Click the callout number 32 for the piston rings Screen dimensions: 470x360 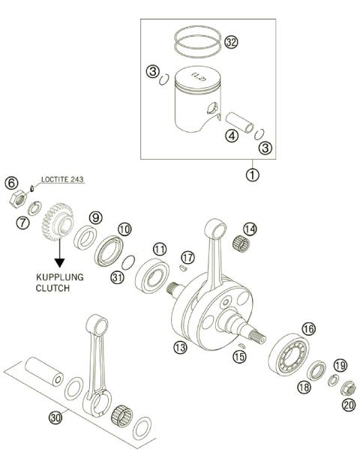231,43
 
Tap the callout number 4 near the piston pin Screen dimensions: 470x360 232,136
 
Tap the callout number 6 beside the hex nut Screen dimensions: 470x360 11,183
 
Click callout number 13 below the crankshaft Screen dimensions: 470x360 179,347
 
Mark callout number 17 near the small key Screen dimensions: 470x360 187,257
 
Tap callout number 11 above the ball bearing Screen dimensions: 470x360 160,249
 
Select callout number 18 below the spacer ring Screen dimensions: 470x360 304,387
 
